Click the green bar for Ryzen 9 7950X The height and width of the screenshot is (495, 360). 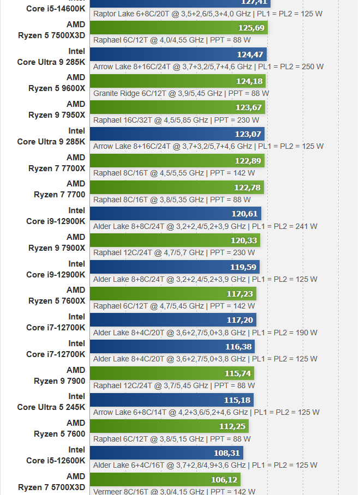[x=177, y=107]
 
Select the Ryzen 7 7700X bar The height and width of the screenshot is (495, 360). [x=177, y=160]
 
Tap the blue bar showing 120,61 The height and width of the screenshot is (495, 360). [x=175, y=213]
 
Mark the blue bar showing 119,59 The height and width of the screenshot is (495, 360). [x=175, y=267]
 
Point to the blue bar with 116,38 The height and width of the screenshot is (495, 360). [x=172, y=347]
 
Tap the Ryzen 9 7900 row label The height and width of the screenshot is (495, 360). [x=59, y=376]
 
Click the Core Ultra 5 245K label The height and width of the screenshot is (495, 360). [x=51, y=402]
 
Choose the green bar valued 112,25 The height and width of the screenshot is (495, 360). [x=169, y=426]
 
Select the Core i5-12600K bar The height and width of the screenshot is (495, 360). [x=166, y=453]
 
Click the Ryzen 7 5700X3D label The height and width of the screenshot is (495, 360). [x=52, y=482]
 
